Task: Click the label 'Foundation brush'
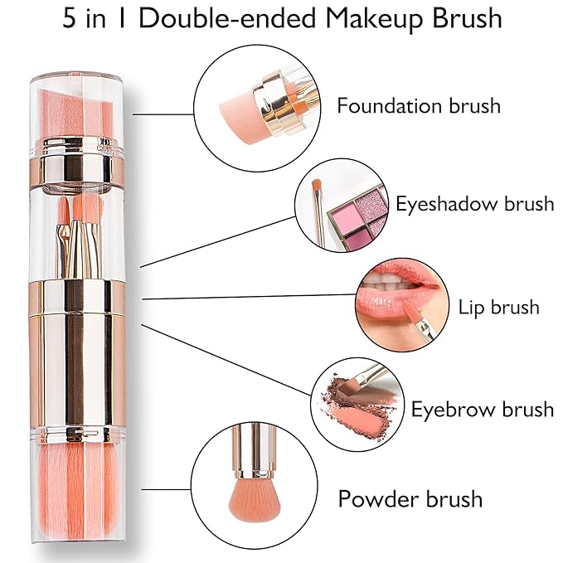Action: [x=418, y=106]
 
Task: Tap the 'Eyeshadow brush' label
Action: [x=474, y=203]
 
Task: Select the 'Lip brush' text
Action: [x=498, y=308]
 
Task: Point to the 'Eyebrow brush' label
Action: [x=482, y=409]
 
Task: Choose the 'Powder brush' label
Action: [x=410, y=499]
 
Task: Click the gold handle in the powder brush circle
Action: [x=248, y=448]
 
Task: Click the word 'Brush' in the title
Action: [x=459, y=19]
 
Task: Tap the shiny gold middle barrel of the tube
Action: [x=76, y=348]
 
